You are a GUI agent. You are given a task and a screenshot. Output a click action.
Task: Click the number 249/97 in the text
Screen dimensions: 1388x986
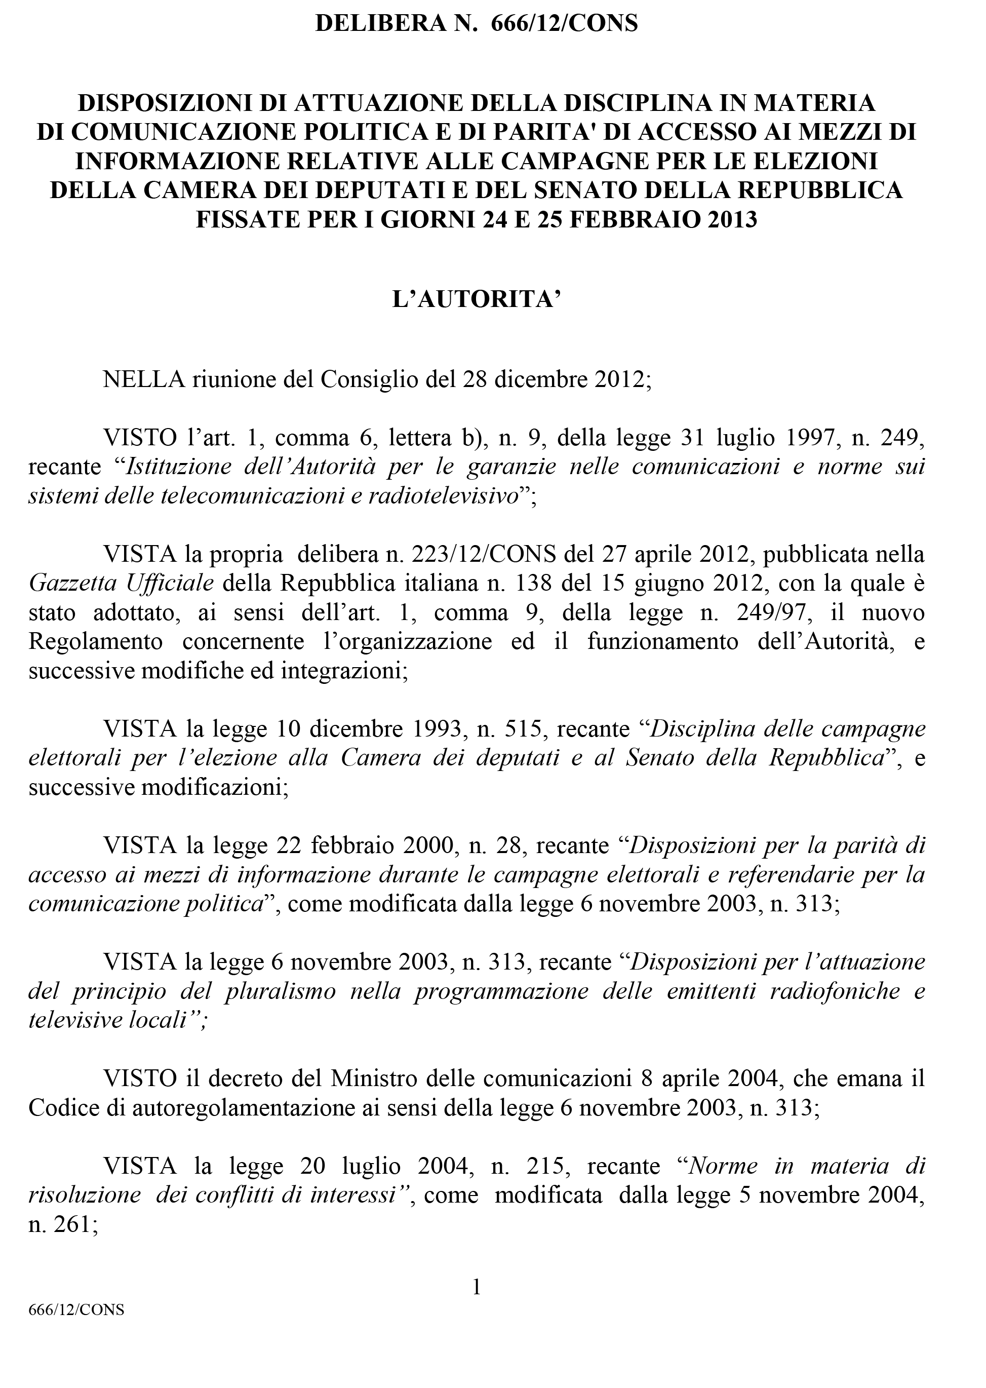776,612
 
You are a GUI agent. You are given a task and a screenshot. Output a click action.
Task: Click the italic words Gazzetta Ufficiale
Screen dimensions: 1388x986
121,584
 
